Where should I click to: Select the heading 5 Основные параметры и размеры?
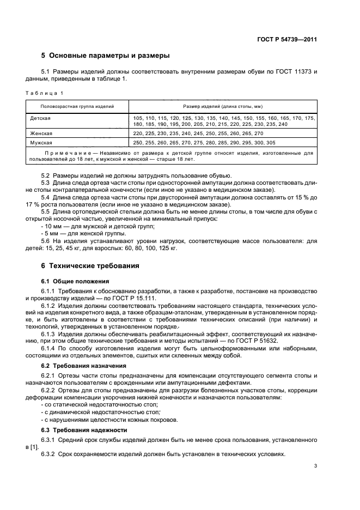pyautogui.click(x=106, y=56)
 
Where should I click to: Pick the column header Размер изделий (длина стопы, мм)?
pyautogui.click(x=223, y=106)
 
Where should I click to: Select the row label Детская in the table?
pyautogui.click(x=41, y=118)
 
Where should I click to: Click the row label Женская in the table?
pyautogui.click(x=41, y=133)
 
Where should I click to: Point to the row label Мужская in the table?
pyautogui.click(x=41, y=142)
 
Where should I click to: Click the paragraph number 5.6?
pyautogui.click(x=46, y=240)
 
